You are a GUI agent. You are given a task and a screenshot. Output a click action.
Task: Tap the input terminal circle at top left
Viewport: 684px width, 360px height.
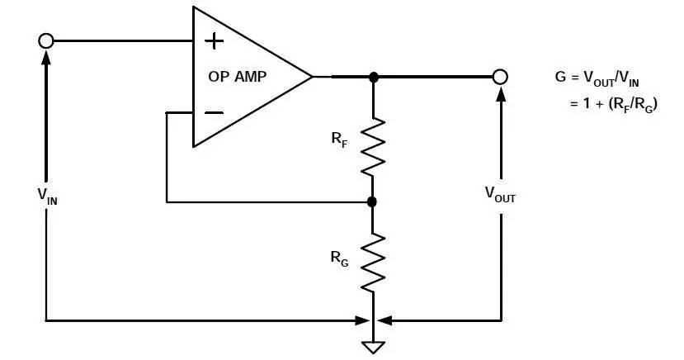point(46,40)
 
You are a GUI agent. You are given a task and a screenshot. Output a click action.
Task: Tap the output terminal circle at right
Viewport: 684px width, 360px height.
point(499,77)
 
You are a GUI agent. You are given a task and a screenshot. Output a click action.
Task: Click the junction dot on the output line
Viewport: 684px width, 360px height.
point(373,77)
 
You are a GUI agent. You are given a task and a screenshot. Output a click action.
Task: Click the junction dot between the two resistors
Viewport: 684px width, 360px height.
point(372,201)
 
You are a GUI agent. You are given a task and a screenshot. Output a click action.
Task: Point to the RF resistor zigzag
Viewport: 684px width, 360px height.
point(373,145)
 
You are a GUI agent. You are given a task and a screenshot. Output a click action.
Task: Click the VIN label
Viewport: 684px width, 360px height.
point(47,195)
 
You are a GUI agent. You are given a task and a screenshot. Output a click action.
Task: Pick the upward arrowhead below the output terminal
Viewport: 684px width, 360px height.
point(499,95)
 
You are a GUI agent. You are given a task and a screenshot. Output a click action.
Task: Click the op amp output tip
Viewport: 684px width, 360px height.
point(311,77)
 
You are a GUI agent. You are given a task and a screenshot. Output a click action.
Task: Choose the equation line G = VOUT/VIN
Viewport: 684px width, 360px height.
point(597,78)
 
